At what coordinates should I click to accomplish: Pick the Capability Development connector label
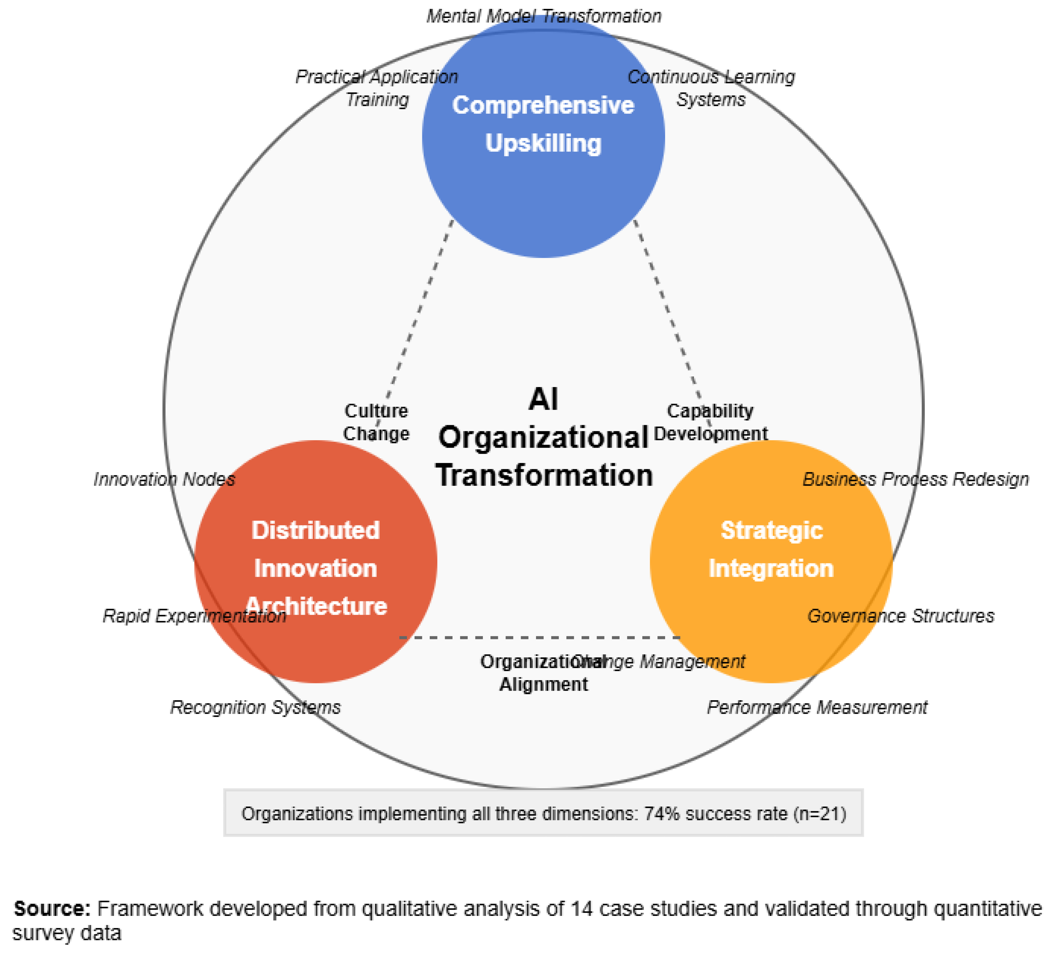click(711, 422)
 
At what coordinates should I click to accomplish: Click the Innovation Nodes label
click(164, 479)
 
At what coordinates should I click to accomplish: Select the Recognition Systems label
click(255, 707)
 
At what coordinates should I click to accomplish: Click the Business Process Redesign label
click(916, 479)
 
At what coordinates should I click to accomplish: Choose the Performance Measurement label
click(817, 707)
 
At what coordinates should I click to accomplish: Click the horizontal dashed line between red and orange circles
click(540, 638)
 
